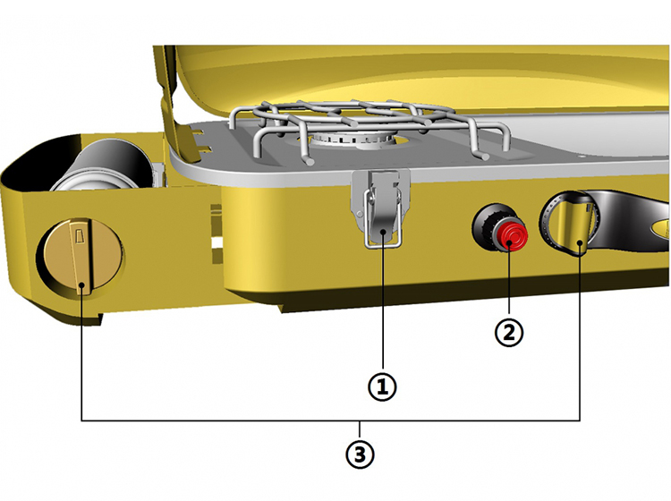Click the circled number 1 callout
382,386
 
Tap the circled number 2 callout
509,332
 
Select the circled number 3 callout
360,454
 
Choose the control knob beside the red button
570,224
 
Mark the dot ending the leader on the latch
383,231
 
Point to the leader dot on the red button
509,244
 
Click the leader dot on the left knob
81,285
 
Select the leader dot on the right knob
580,243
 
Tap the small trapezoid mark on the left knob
78,236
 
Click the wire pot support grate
368,127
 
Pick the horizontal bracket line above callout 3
330,420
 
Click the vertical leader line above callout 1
383,301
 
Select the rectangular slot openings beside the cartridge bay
217,234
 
